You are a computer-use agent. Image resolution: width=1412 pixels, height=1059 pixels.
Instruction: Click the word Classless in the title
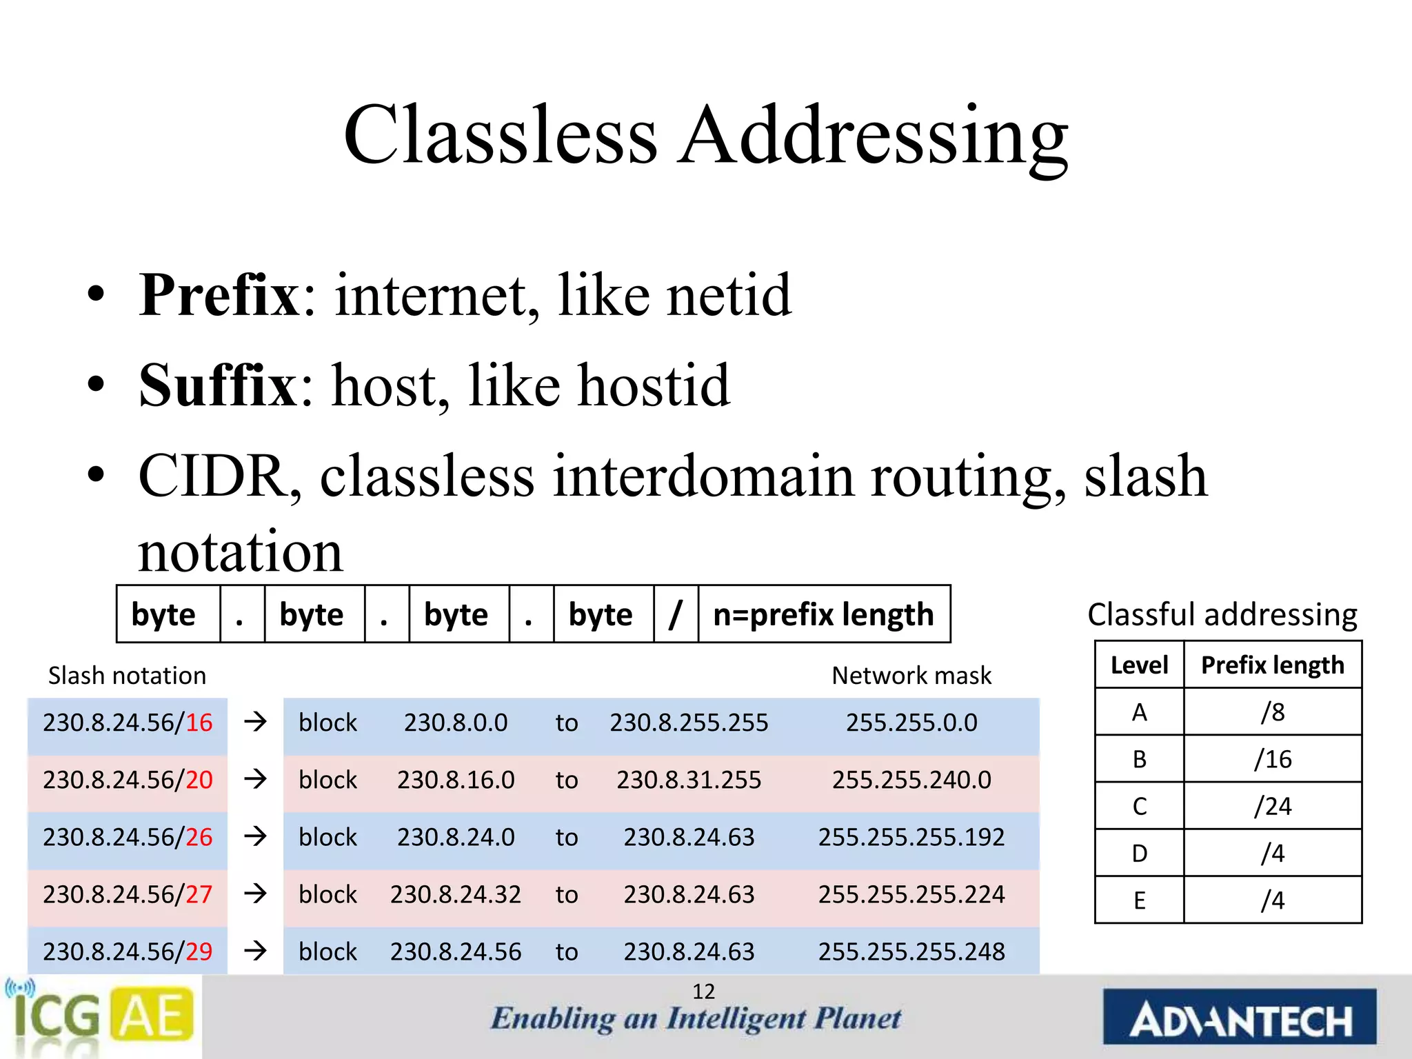[x=501, y=135]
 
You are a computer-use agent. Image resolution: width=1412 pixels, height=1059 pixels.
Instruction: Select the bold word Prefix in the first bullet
[x=219, y=295]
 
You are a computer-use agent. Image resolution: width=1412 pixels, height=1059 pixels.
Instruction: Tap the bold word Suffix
[x=217, y=385]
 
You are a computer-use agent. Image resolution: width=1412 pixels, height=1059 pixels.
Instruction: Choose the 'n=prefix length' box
[x=824, y=614]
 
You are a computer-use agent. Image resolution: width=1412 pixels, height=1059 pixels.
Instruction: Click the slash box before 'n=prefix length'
[x=676, y=614]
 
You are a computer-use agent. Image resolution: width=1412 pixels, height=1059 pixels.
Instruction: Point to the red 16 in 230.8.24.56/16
[x=199, y=723]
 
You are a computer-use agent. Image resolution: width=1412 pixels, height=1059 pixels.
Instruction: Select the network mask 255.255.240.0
[x=911, y=780]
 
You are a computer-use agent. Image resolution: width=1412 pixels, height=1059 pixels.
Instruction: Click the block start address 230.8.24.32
[x=456, y=894]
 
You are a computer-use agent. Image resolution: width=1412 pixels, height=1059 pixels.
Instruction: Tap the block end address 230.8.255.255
[x=689, y=723]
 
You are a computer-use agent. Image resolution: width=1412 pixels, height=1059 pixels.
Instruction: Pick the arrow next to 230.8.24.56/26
[x=255, y=836]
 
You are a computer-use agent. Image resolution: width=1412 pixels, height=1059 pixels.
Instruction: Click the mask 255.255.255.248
[x=911, y=951]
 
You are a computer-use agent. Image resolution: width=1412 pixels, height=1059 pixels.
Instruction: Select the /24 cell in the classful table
[x=1273, y=806]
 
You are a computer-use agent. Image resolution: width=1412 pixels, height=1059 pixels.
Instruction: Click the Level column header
[x=1139, y=665]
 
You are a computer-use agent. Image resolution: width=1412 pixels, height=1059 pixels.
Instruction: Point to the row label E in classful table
[x=1139, y=900]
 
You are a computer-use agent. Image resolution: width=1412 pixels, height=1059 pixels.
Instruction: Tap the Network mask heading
[x=911, y=676]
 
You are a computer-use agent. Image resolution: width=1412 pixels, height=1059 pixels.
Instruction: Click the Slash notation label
[x=127, y=676]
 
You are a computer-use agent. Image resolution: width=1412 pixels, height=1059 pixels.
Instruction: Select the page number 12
[x=703, y=991]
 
